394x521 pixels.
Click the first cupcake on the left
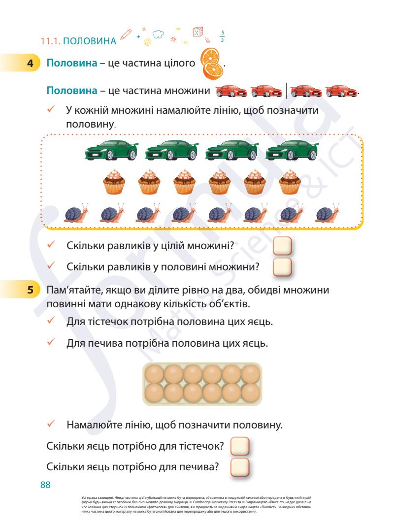[x=114, y=184]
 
